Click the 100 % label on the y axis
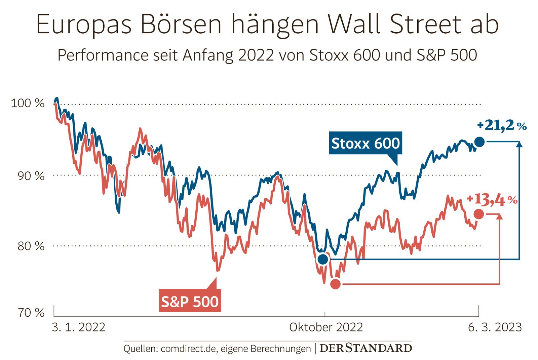(x=28, y=103)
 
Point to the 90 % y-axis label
(x=31, y=176)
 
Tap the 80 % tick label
(x=31, y=246)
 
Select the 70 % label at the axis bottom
(x=31, y=313)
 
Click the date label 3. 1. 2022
(x=78, y=327)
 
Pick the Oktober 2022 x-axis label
(x=326, y=327)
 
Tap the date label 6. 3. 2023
(x=495, y=327)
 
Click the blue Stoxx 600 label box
(x=366, y=143)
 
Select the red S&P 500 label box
(x=190, y=301)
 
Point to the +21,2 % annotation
(x=502, y=125)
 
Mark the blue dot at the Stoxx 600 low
(x=323, y=259)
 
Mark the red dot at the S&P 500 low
(x=335, y=284)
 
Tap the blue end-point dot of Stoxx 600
(x=479, y=142)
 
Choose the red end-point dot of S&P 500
(x=478, y=214)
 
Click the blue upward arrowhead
(x=519, y=144)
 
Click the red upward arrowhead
(x=500, y=216)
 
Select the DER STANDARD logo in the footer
(x=366, y=348)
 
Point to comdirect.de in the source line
(x=188, y=349)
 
